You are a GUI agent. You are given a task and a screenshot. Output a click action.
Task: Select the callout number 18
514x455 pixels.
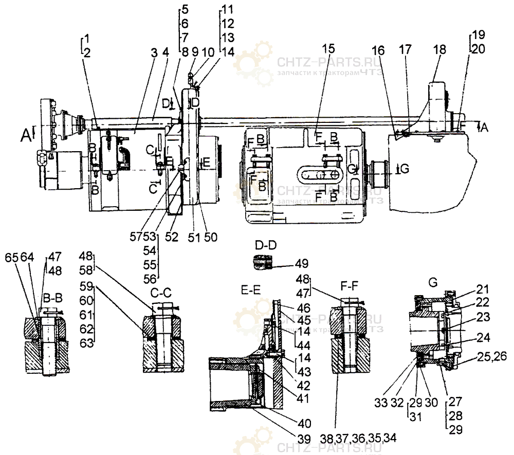(439, 49)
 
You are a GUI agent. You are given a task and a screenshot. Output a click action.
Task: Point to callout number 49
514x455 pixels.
(302, 264)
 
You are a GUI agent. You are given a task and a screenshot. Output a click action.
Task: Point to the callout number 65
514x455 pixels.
(11, 257)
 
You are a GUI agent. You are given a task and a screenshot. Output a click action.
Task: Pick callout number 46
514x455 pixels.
(304, 308)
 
